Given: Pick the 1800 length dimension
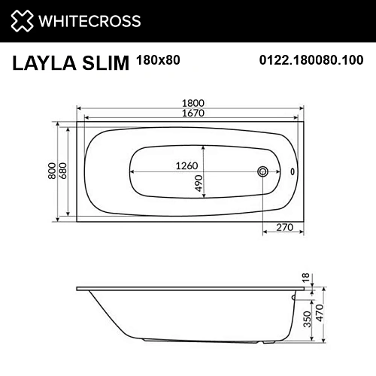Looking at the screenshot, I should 190,103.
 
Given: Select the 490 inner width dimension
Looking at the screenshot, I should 199,182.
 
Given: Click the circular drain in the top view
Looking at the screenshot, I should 262,171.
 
